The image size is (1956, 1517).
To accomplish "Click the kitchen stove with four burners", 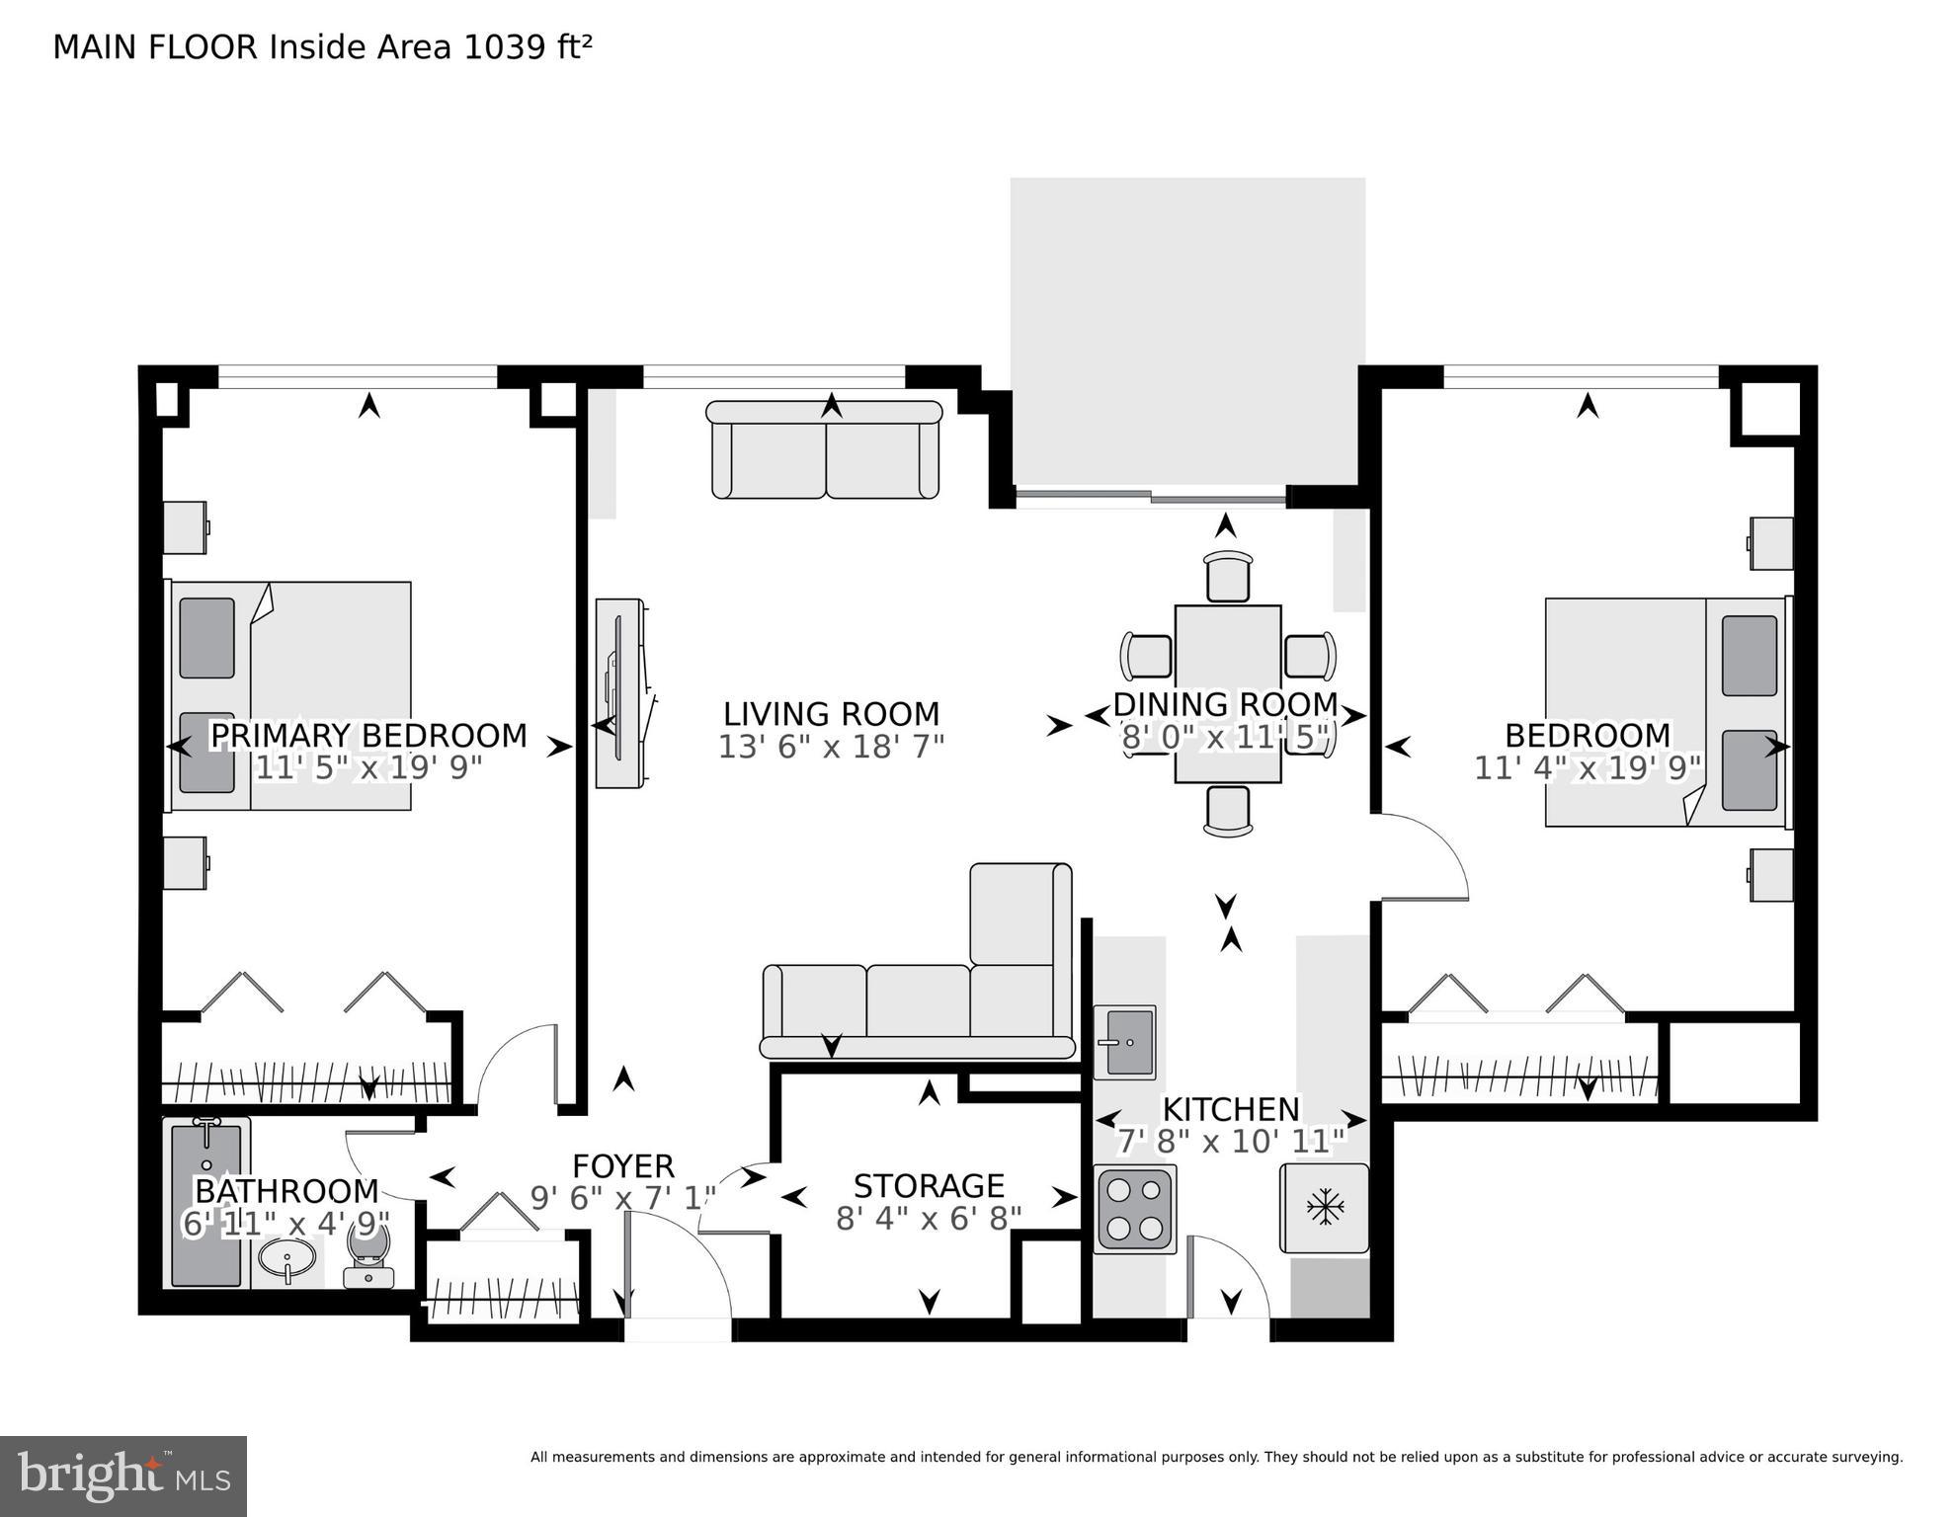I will point(1134,1209).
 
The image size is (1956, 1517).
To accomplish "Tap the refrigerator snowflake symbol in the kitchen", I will point(1324,1207).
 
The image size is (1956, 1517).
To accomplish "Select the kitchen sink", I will point(1126,1042).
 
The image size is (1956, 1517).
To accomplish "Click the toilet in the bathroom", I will point(368,1255).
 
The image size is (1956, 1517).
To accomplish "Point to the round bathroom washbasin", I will point(287,1260).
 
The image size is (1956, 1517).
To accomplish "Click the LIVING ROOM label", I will point(831,714).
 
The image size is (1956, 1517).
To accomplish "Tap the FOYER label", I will point(622,1166).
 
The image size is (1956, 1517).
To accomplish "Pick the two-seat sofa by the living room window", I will point(825,450).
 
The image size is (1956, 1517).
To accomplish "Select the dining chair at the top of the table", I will point(1228,576).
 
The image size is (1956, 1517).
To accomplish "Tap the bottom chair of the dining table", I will point(1228,811).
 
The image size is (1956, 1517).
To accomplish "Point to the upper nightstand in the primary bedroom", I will point(185,527).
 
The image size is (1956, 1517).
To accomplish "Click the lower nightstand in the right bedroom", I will point(1771,875).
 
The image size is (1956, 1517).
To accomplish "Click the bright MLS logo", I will point(122,1476).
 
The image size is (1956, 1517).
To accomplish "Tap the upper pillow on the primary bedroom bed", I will point(207,638).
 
